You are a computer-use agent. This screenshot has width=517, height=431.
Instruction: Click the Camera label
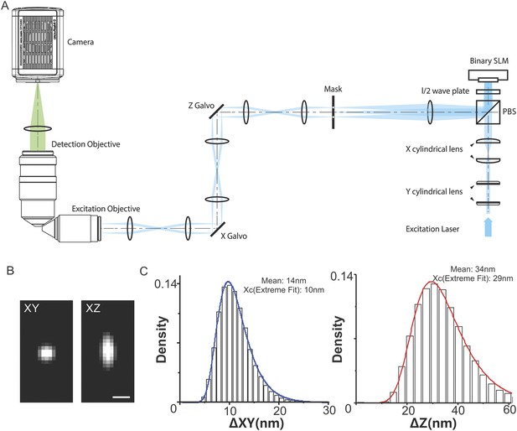point(80,42)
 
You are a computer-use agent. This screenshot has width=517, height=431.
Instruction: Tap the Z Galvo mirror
point(217,112)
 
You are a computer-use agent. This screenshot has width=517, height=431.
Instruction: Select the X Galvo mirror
point(217,229)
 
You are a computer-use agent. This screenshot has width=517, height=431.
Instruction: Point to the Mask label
point(333,89)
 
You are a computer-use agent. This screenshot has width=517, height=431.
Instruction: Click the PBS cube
point(488,112)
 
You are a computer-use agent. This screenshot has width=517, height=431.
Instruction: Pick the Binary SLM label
point(489,61)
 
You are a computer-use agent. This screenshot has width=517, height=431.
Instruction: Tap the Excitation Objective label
point(106,209)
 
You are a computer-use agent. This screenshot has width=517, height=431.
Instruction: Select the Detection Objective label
point(85,144)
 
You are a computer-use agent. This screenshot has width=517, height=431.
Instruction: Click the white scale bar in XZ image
point(121,397)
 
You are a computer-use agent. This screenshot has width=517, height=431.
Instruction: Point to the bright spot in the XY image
point(46,354)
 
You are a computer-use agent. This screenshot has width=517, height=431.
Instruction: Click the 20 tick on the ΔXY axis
point(279,410)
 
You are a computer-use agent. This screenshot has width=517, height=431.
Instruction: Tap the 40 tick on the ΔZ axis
point(458,410)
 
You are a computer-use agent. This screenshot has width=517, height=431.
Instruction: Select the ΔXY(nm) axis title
point(256,423)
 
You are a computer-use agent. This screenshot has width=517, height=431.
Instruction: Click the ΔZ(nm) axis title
point(432,423)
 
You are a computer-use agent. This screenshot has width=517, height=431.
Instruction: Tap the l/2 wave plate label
point(445,91)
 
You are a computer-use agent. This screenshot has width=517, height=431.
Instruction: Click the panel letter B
point(10,271)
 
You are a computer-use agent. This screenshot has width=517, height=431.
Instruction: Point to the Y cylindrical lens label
point(434,192)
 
